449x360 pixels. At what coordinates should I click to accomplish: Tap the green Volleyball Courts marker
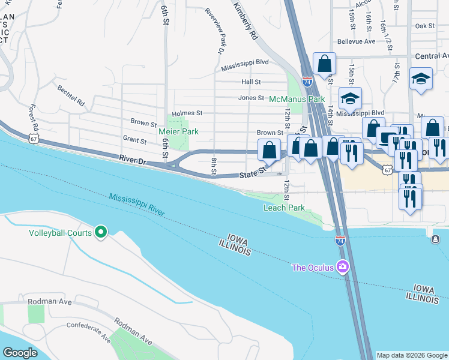tap(101, 232)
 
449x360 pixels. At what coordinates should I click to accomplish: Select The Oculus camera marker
tap(343, 266)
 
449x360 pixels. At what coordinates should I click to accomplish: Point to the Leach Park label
tap(284, 208)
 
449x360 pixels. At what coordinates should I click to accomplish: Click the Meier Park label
tap(178, 131)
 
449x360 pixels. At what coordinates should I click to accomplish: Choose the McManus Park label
tap(297, 98)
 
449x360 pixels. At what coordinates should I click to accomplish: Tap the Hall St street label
tap(251, 82)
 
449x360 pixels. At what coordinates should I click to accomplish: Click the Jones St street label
tap(251, 98)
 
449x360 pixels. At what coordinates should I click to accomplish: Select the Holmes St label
tap(187, 113)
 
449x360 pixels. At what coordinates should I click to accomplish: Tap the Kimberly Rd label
tap(245, 19)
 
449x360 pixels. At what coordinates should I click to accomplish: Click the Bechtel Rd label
tap(71, 94)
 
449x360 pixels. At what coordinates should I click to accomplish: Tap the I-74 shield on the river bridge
tap(340, 240)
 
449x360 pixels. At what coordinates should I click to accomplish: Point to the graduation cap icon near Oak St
tap(421, 78)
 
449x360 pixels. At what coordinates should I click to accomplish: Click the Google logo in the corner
tap(20, 353)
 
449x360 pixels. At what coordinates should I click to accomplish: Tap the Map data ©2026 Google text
tap(412, 355)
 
